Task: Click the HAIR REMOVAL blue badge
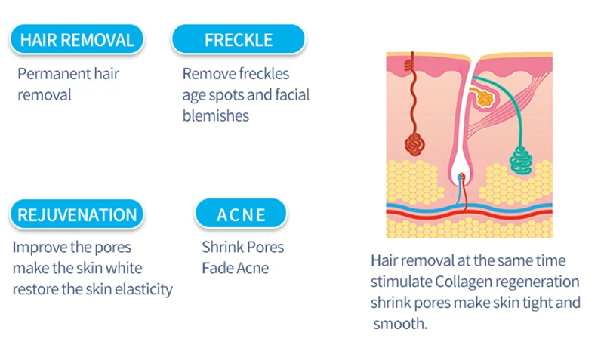tap(77, 39)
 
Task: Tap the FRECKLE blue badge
tap(239, 39)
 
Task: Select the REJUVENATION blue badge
tap(77, 214)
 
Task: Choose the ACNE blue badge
tap(241, 214)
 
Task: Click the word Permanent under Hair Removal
tap(54, 73)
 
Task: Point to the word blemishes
tap(216, 115)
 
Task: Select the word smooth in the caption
tap(400, 324)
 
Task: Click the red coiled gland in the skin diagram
tap(414, 144)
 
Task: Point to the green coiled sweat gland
tap(521, 159)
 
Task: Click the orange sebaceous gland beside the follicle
tap(484, 98)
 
